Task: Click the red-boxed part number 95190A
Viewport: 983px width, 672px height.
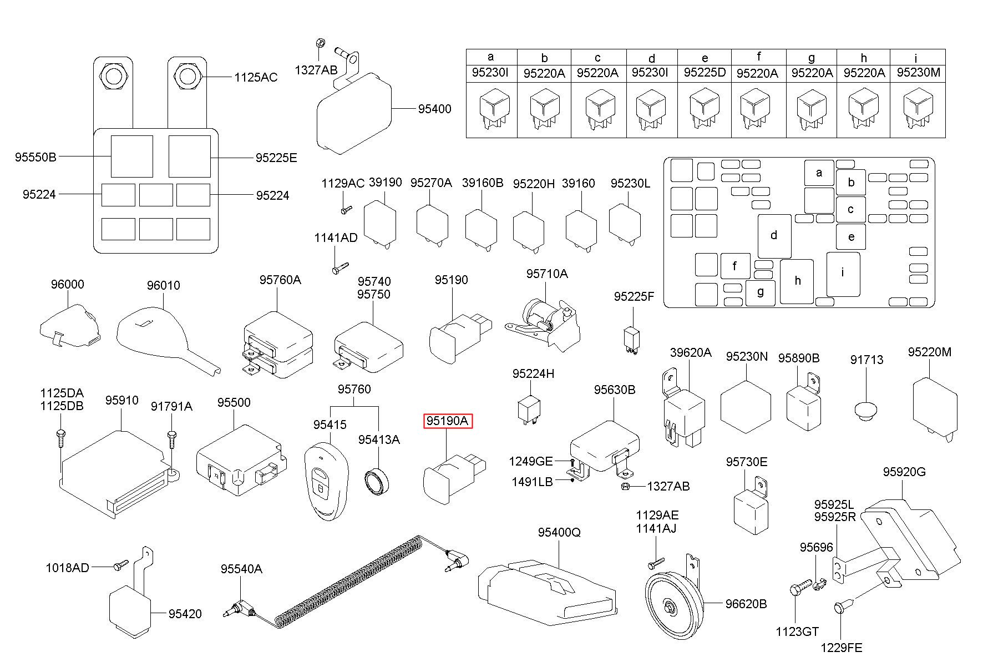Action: coord(447,421)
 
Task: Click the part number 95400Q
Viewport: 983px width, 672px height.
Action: coord(559,532)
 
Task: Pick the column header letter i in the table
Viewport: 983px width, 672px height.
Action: coord(915,57)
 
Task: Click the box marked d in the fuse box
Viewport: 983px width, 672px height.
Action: coord(774,236)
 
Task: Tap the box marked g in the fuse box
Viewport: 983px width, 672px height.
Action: coord(760,292)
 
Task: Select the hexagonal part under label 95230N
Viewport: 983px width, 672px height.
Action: coord(746,407)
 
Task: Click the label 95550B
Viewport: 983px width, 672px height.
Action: coord(36,157)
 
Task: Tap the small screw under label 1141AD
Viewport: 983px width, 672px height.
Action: coord(338,267)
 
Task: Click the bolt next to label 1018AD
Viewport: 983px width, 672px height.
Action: coord(120,565)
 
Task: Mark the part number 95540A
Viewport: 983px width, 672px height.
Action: coord(241,569)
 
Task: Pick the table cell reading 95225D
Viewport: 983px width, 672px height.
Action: coord(705,73)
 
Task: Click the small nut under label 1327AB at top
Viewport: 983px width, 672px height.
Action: coord(320,43)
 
